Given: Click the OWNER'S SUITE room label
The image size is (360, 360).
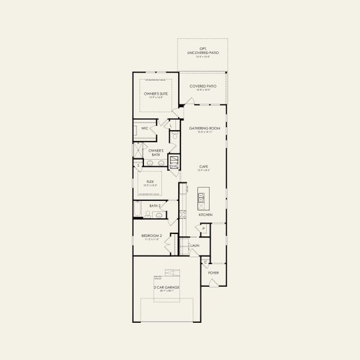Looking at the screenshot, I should click(155, 94).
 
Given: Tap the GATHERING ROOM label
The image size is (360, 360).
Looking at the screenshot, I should click(205, 128).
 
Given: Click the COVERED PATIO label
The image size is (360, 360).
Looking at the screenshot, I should click(203, 86).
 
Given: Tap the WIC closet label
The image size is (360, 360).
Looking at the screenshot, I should click(145, 128).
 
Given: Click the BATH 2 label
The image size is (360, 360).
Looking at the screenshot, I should click(154, 206).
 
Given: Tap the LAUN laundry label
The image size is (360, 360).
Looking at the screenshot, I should click(194, 246).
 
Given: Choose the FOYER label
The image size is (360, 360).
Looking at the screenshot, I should click(214, 273).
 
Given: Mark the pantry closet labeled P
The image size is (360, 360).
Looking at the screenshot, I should click(204, 229).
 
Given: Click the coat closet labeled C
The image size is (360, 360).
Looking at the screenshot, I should click(205, 262).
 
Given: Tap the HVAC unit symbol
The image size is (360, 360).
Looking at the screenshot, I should click(175, 161).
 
